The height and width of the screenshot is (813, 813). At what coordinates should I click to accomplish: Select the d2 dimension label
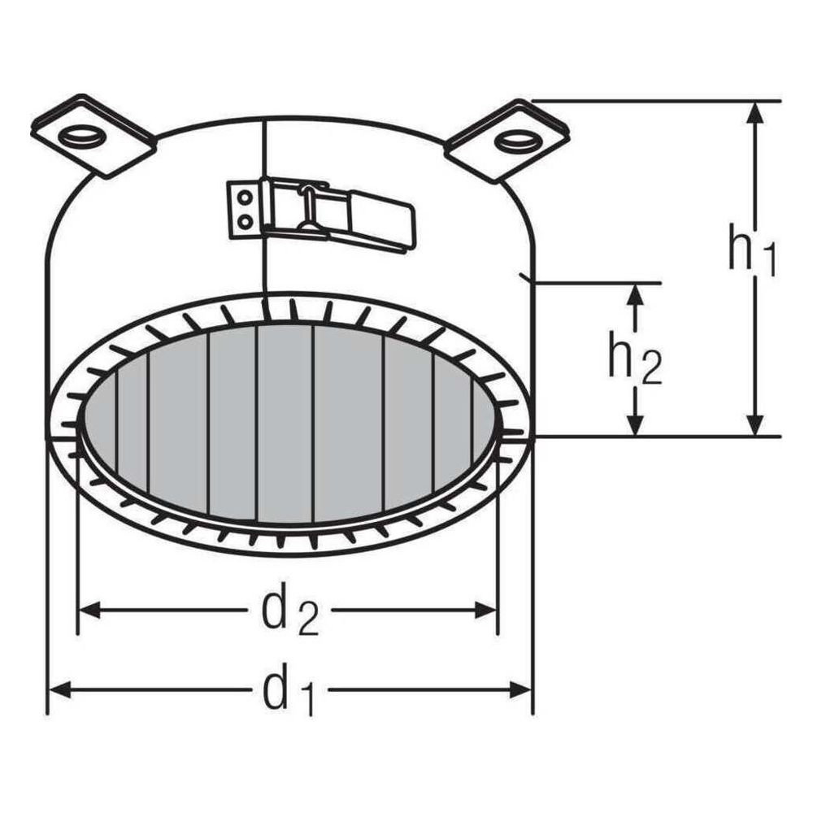pyautogui.click(x=290, y=612)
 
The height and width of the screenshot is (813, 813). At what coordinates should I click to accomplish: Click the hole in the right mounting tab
pyautogui.click(x=516, y=141)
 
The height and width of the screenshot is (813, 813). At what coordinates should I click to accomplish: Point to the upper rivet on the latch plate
pyautogui.click(x=246, y=197)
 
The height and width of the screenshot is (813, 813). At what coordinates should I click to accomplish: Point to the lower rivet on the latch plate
pyautogui.click(x=245, y=222)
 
